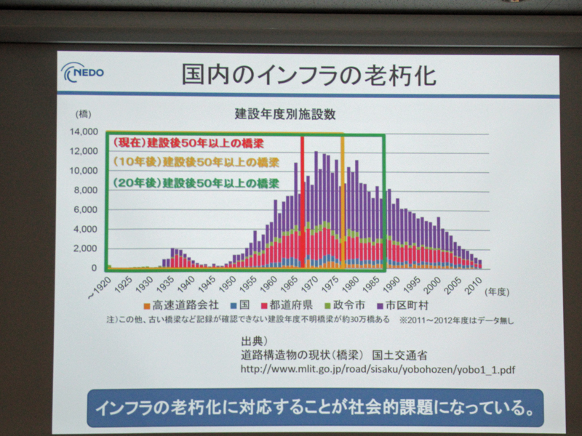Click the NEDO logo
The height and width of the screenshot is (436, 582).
coord(82,72)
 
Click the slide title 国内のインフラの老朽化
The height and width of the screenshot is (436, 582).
coord(308,76)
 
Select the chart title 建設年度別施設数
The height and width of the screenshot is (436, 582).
coord(285,114)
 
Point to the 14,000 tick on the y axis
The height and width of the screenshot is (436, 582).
coord(84,132)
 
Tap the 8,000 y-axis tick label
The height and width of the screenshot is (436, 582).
coord(85,190)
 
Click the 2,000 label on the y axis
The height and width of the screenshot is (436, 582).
coord(85,249)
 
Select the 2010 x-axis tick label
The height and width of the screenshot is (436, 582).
coord(474,285)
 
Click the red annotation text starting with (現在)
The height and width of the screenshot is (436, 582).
coord(188,143)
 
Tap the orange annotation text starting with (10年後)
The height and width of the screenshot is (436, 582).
coord(196,162)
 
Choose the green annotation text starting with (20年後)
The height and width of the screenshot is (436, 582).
coord(196,183)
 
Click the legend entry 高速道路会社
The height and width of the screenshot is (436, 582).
coord(181,305)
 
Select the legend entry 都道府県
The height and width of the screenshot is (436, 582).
coord(287,305)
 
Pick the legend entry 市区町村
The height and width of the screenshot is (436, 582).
coord(403,305)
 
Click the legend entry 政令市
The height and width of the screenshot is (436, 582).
coord(345,305)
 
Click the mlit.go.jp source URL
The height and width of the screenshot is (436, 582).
coord(378,369)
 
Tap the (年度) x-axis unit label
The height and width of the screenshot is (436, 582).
coord(497,292)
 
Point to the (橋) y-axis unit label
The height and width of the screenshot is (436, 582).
coord(83,115)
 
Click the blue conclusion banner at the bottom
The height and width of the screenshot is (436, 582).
coord(315,408)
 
